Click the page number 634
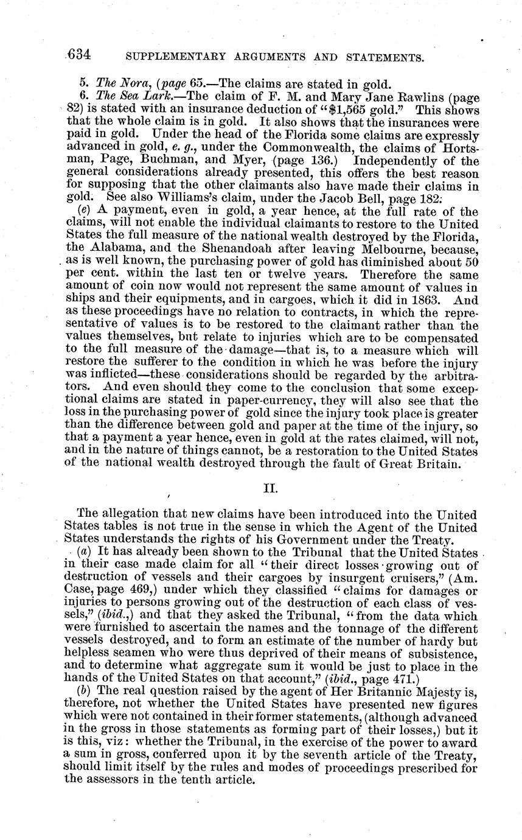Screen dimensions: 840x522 79,55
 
